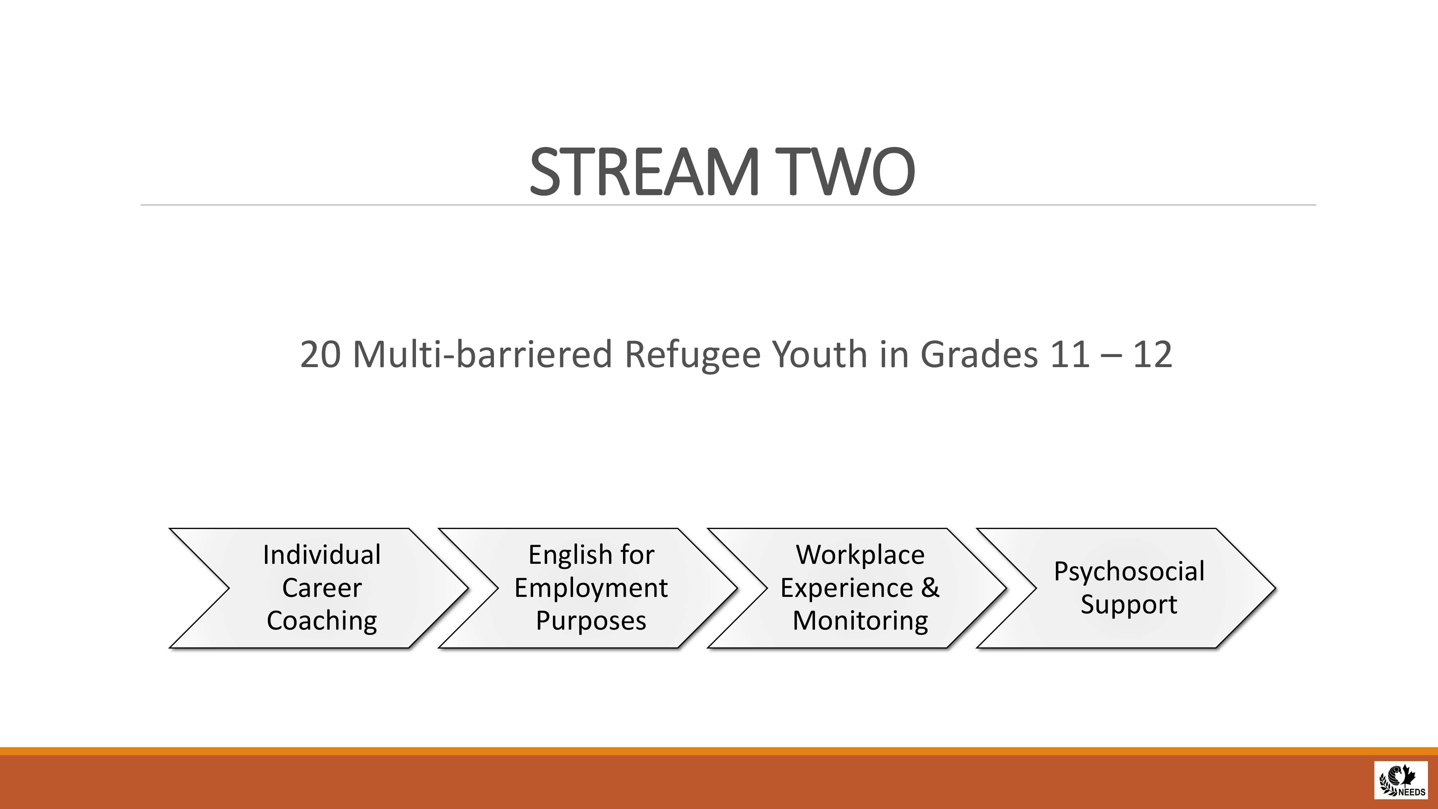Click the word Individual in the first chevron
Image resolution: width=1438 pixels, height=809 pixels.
[x=322, y=555]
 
